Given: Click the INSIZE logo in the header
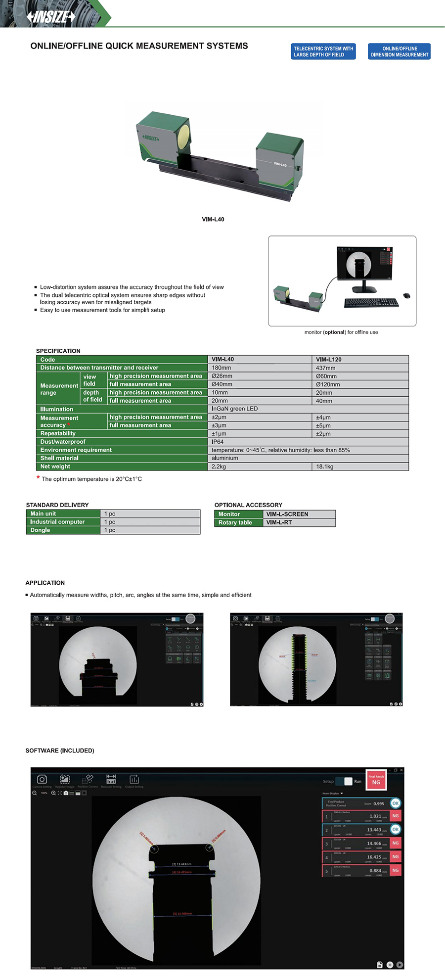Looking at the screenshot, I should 51,17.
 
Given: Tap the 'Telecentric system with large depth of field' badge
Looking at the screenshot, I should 323,51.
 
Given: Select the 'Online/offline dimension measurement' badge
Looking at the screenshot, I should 399,51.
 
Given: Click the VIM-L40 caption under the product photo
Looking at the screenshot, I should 213,219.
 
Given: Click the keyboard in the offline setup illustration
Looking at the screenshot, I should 371,303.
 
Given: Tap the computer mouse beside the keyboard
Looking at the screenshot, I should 406,296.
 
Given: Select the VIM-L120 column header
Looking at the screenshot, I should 329,360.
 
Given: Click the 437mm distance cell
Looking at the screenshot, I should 326,368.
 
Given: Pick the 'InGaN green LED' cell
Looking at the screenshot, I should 234,409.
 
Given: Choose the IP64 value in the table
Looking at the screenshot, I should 218,442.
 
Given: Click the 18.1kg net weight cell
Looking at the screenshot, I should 325,467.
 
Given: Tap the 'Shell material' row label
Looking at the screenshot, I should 59,458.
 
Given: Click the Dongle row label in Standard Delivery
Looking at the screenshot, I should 40,530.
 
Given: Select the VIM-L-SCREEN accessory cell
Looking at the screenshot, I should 287,514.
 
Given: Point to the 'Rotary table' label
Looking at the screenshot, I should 235,522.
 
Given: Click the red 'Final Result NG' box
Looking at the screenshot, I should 376,780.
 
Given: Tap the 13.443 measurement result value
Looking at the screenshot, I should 374,830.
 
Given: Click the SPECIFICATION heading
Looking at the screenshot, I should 58,351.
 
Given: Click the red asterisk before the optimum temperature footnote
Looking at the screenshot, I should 38,478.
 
